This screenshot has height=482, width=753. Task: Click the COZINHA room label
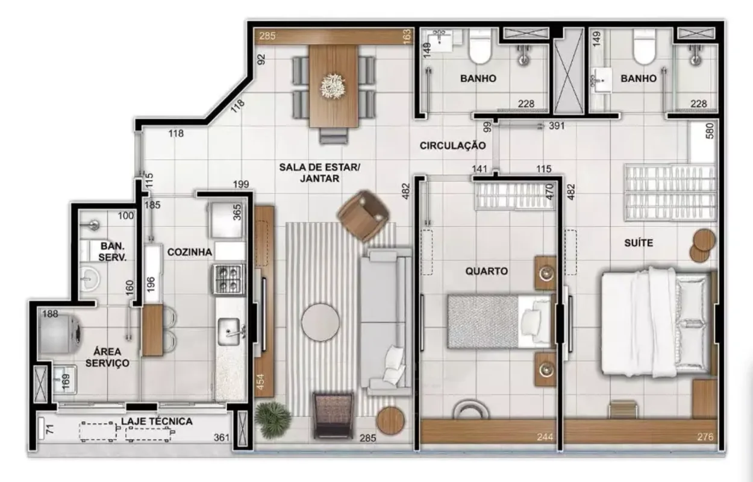190,252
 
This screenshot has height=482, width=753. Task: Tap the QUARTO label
486,271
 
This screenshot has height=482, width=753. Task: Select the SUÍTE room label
639,243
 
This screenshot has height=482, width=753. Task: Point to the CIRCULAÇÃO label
453,146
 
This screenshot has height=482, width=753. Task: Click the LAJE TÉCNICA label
157,421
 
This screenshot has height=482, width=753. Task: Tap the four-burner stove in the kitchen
228,279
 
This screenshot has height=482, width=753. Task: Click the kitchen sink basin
230,331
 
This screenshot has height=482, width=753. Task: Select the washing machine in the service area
60,334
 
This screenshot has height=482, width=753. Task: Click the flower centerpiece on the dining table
333,86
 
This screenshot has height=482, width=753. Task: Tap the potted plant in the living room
272,419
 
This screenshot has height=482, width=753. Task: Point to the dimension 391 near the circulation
557,126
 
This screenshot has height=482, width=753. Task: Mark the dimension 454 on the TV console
260,382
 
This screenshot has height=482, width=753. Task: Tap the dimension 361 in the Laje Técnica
222,437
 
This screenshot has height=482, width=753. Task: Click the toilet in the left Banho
481,47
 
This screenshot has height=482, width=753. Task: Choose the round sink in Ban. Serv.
90,278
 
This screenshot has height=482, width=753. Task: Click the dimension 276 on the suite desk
705,437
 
